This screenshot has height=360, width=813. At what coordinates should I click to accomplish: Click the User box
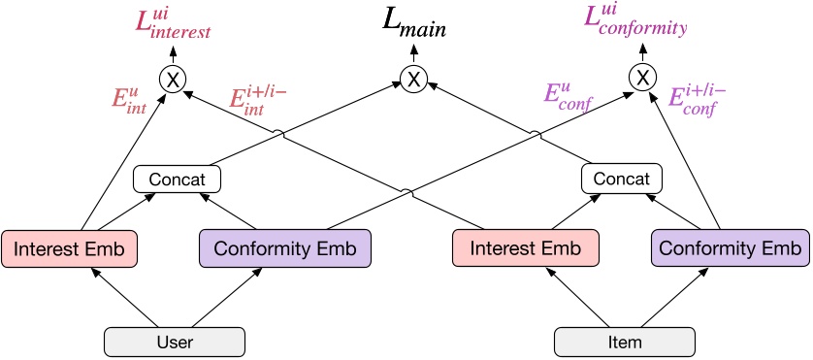[175, 343]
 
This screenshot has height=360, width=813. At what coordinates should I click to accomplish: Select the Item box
[625, 343]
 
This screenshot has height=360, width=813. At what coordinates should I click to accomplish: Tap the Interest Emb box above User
[69, 248]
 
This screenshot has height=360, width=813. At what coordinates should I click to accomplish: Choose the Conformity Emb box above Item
[730, 248]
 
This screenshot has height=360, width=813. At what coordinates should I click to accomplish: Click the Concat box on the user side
[177, 180]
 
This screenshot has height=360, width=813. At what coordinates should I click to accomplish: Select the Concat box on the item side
[621, 180]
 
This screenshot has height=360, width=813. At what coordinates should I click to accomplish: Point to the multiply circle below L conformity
[641, 77]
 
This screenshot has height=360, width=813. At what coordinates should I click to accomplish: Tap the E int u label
[128, 101]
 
